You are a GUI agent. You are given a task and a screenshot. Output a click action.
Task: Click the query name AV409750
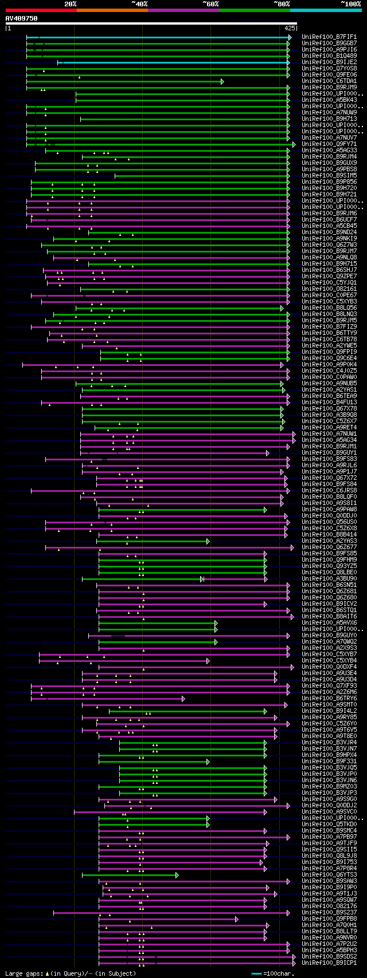pyautogui.click(x=22, y=18)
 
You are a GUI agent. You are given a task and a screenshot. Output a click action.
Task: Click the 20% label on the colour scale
pyautogui.click(x=70, y=4)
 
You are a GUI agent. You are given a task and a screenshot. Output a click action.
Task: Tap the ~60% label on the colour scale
pyautogui.click(x=210, y=4)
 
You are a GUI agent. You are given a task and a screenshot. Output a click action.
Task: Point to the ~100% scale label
pyautogui.click(x=350, y=4)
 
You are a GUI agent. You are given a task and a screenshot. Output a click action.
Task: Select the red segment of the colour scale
pyautogui.click(x=41, y=10)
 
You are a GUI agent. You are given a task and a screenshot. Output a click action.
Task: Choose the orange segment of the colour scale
pyautogui.click(x=112, y=10)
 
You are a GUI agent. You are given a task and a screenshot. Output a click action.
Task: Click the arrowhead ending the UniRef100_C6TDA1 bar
pyautogui.click(x=222, y=81)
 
